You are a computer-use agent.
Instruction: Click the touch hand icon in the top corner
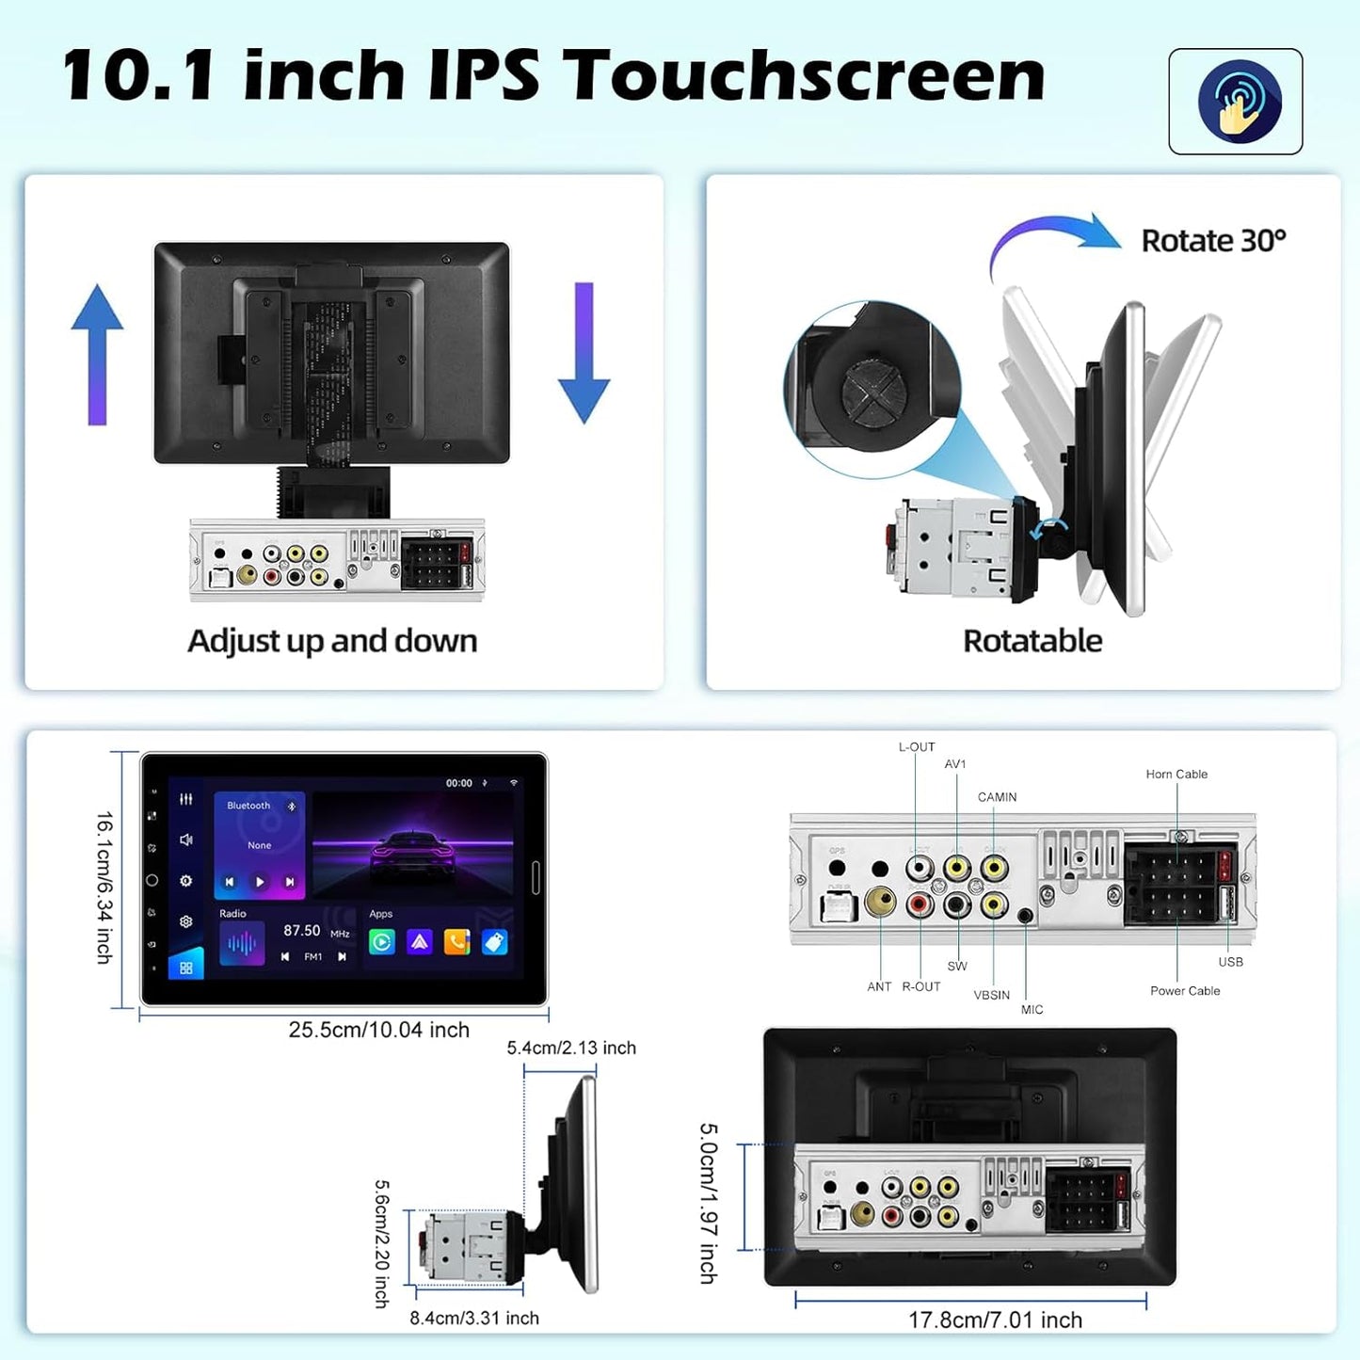point(1239,102)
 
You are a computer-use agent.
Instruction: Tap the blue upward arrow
point(97,353)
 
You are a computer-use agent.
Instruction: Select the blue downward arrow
point(584,353)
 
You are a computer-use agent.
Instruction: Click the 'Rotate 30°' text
point(1213,241)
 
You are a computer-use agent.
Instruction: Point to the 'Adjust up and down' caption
point(332,641)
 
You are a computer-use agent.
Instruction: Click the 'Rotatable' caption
point(1032,641)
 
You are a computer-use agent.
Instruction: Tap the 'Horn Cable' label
point(1176,775)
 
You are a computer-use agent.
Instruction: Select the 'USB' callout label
point(1230,962)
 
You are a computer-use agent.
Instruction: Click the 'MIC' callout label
point(1032,1010)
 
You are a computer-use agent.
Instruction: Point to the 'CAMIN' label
point(997,797)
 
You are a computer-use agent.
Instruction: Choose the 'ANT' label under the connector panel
point(879,987)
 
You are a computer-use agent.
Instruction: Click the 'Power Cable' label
point(1185,991)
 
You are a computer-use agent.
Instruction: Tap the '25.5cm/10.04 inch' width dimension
point(378,1031)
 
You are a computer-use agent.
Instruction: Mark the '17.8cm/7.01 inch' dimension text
point(995,1320)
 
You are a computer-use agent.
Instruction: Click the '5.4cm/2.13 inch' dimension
point(571,1048)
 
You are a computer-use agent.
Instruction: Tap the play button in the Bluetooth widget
point(260,882)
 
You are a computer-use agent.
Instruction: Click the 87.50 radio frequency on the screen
point(302,931)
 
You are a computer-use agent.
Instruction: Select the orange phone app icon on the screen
point(456,942)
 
